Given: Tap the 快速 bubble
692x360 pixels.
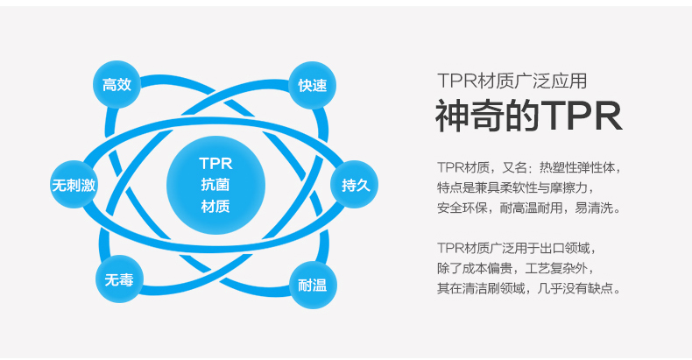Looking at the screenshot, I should coord(312,85).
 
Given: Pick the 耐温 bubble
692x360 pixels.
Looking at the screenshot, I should coord(312,285).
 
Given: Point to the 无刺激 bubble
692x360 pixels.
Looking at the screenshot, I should coord(74,185).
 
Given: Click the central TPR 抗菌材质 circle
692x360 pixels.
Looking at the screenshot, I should coord(215,185).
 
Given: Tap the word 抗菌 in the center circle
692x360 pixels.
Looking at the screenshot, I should coord(215,185).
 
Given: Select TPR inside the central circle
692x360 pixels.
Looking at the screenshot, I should coord(215,163).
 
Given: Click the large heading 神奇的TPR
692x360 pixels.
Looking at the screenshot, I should coord(529,116).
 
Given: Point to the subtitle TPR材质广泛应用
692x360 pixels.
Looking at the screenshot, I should coord(512,81).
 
